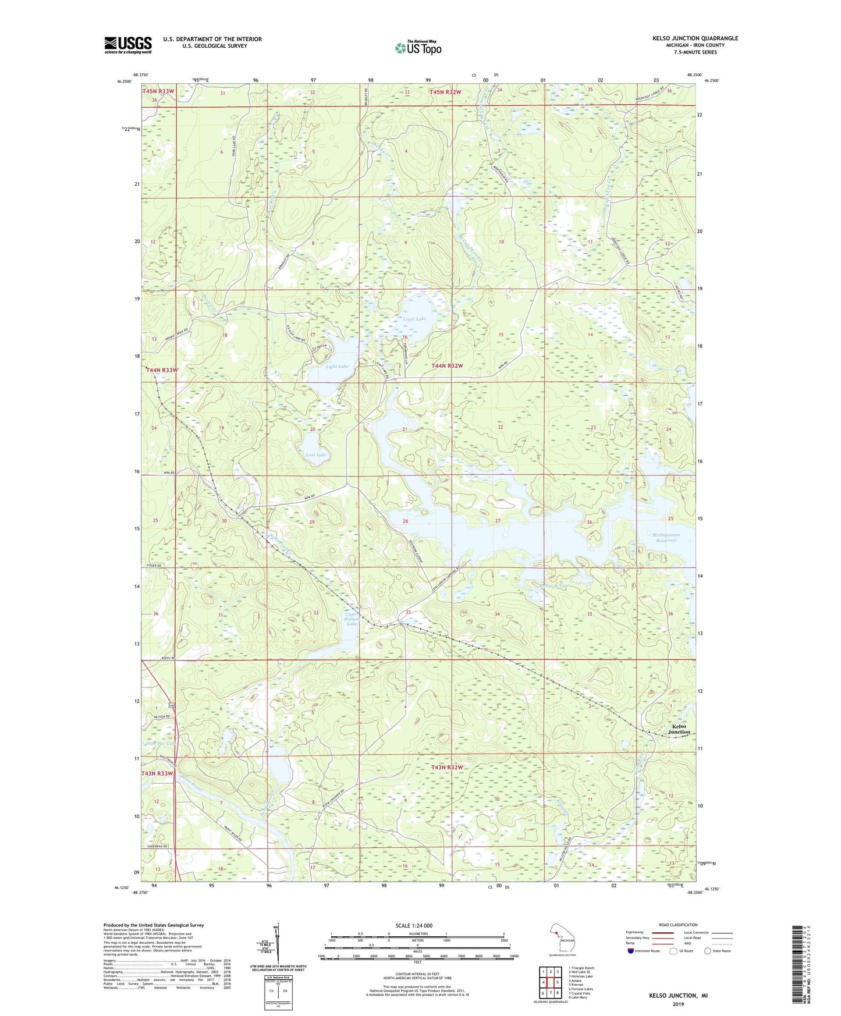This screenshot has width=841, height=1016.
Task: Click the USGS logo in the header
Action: click(x=128, y=45)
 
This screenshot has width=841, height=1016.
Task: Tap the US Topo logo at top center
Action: click(x=418, y=48)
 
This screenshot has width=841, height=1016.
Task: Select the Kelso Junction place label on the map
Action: click(x=679, y=729)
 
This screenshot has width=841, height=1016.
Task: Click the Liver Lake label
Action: click(x=414, y=319)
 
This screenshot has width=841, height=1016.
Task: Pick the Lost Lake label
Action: click(x=316, y=454)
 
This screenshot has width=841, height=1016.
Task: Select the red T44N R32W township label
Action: click(x=447, y=365)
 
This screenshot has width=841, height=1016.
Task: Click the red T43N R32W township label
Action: click(x=447, y=768)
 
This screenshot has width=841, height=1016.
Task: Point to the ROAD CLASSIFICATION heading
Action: click(x=678, y=925)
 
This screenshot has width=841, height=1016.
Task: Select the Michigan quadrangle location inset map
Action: click(x=561, y=939)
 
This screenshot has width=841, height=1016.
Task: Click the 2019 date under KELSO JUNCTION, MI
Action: click(x=678, y=1004)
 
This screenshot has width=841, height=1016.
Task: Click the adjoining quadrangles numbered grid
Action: click(x=549, y=983)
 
